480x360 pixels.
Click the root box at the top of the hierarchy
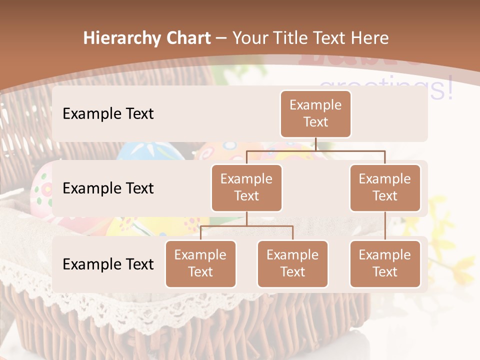click(x=315, y=113)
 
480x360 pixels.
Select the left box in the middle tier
click(x=246, y=187)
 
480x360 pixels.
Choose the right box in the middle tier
click(x=385, y=187)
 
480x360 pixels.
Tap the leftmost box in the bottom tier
click(x=200, y=263)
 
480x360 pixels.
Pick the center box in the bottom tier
click(x=292, y=263)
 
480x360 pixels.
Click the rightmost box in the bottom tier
click(x=385, y=263)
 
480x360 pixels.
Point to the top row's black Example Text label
click(x=108, y=113)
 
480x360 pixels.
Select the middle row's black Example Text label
click(x=108, y=188)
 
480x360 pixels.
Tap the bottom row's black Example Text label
click(x=108, y=264)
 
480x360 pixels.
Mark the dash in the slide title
click(x=221, y=38)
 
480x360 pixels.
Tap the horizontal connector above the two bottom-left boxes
click(x=246, y=226)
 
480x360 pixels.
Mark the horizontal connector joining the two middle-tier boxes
click(x=316, y=150)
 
